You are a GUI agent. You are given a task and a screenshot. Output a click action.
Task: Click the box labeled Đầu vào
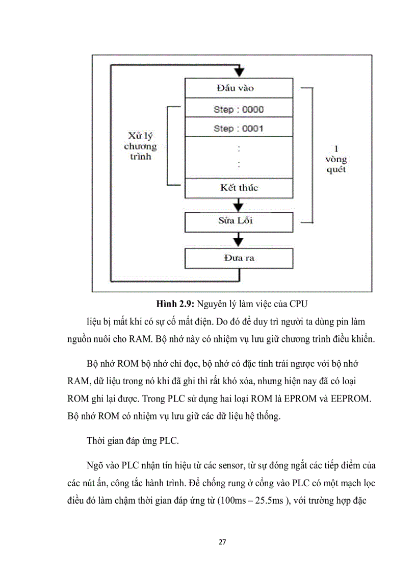238,88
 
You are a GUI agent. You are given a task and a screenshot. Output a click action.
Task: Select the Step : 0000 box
238,109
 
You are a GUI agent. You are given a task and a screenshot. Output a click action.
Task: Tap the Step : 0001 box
238,128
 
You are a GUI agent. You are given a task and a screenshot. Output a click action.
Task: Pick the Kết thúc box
238,188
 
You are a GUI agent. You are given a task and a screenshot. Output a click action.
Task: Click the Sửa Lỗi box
238,222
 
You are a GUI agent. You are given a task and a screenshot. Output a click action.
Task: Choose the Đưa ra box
238,258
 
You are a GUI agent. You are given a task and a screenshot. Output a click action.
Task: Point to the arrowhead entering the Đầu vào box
239,72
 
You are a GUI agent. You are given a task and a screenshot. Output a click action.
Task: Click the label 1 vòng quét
336,159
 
